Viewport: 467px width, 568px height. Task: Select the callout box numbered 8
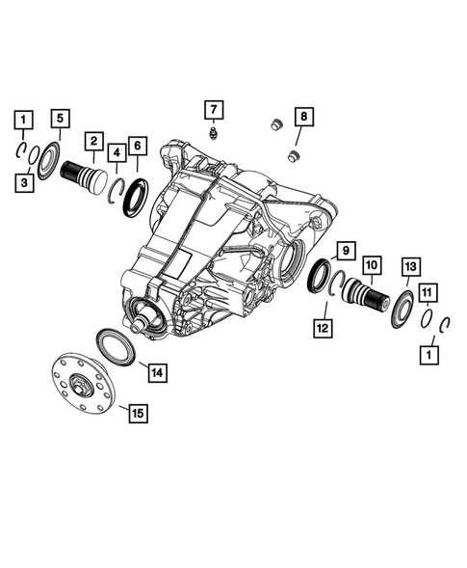tap(303, 118)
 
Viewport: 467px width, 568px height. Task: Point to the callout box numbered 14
tap(154, 370)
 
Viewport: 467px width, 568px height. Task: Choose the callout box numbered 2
tap(93, 142)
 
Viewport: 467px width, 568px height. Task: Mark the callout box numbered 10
tap(371, 263)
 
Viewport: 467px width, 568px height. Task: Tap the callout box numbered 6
tap(137, 146)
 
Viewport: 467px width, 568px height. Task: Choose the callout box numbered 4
tap(116, 151)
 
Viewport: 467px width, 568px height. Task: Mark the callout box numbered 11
tap(428, 290)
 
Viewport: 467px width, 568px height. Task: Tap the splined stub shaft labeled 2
tap(85, 179)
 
